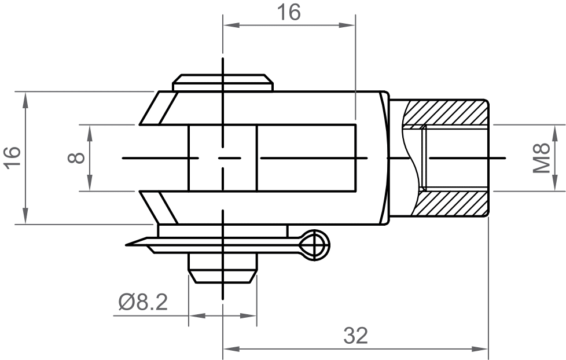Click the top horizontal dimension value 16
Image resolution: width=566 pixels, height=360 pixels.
(288, 12)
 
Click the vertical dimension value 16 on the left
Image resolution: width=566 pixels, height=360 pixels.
(12, 157)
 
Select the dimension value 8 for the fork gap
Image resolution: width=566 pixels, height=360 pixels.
(77, 157)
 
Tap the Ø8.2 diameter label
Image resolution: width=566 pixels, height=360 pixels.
(143, 302)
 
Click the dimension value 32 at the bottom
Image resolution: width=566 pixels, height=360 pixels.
(355, 335)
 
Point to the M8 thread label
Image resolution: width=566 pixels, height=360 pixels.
(542, 157)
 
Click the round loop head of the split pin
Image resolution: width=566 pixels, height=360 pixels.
(316, 245)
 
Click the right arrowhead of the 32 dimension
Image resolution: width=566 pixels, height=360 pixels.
(483, 349)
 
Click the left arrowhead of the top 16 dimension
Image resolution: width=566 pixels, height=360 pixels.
(229, 25)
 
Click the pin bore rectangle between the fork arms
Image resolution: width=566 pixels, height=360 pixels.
(223, 157)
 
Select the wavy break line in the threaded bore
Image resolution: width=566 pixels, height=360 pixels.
(412, 157)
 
